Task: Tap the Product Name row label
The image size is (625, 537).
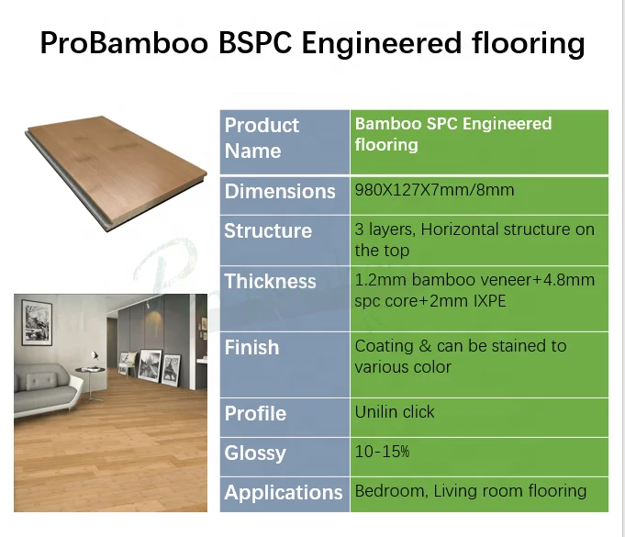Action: click(x=262, y=138)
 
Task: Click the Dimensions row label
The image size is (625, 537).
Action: click(x=280, y=192)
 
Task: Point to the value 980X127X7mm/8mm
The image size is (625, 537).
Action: click(x=434, y=191)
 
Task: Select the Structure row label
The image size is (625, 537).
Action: click(x=268, y=231)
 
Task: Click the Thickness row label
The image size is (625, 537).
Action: click(x=270, y=281)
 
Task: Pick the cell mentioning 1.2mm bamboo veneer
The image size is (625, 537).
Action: click(x=474, y=289)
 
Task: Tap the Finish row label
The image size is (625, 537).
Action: click(x=251, y=347)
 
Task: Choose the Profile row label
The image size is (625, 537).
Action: click(x=255, y=413)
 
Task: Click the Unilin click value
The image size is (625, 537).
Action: click(x=395, y=412)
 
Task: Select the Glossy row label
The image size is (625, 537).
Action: click(x=255, y=453)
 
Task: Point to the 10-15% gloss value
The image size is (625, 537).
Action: click(x=382, y=452)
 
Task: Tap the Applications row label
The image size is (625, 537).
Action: click(x=283, y=492)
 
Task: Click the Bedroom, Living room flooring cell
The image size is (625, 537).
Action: click(x=470, y=490)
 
